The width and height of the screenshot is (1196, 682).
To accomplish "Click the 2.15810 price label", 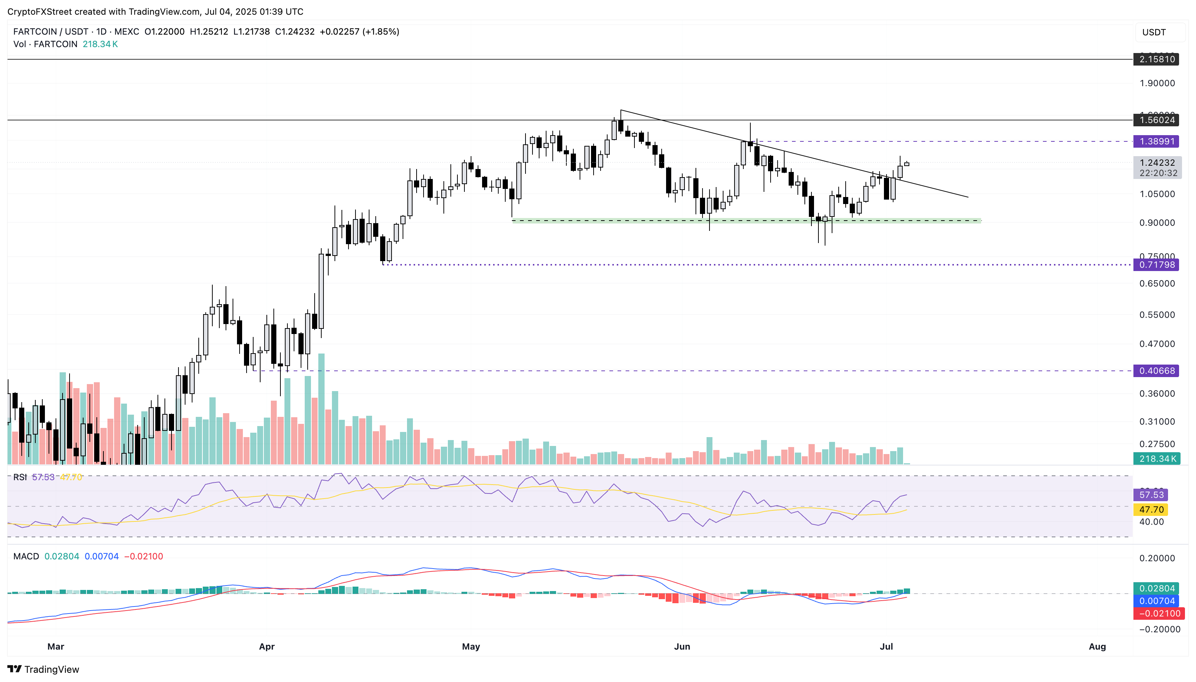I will pyautogui.click(x=1156, y=59).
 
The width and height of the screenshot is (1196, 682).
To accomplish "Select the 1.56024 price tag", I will pyautogui.click(x=1156, y=120).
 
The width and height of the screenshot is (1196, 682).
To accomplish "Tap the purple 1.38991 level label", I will pyautogui.click(x=1156, y=141).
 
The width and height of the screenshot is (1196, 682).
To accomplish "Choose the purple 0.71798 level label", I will pyautogui.click(x=1156, y=265).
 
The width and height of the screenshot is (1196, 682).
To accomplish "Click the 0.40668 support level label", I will pyautogui.click(x=1156, y=370).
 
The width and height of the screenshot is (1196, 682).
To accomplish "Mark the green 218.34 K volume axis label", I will pyautogui.click(x=1157, y=458).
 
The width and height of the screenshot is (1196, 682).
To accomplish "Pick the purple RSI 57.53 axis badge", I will pyautogui.click(x=1151, y=495).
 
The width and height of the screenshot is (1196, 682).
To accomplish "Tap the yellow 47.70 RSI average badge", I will pyautogui.click(x=1151, y=510).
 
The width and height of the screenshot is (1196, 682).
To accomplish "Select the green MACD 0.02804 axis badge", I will pyautogui.click(x=1156, y=588).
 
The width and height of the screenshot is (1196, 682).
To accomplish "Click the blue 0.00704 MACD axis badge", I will pyautogui.click(x=1156, y=601).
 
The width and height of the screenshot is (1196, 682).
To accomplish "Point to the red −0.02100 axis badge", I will pyautogui.click(x=1158, y=614).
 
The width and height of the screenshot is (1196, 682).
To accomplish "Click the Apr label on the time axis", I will pyautogui.click(x=267, y=646).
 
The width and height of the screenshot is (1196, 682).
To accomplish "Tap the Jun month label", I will pyautogui.click(x=682, y=646).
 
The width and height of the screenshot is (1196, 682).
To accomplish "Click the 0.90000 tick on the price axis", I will pyautogui.click(x=1157, y=223).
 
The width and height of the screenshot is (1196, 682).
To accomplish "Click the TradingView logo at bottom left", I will pyautogui.click(x=43, y=669).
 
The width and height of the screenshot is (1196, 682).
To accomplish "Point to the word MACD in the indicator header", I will pyautogui.click(x=26, y=556).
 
